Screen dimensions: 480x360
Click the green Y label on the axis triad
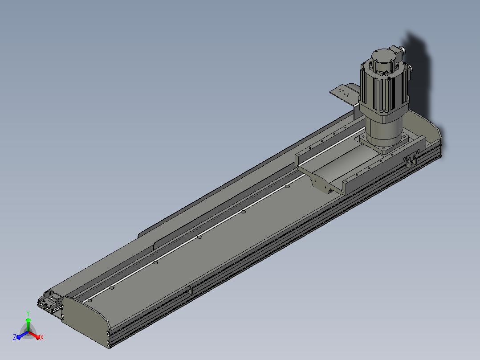tap(28, 313)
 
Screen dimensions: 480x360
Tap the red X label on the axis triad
tap(42, 337)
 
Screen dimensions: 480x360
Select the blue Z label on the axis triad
tap(15, 337)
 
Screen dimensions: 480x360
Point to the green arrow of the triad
tap(28, 325)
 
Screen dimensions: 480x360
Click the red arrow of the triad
tap(34, 335)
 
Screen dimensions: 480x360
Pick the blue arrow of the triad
tap(22, 335)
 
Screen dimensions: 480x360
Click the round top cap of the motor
tap(383, 57)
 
